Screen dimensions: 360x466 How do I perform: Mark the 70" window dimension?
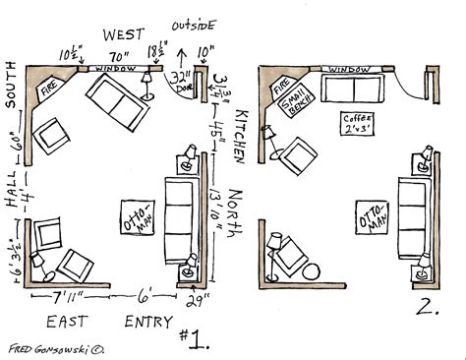[120, 56]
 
